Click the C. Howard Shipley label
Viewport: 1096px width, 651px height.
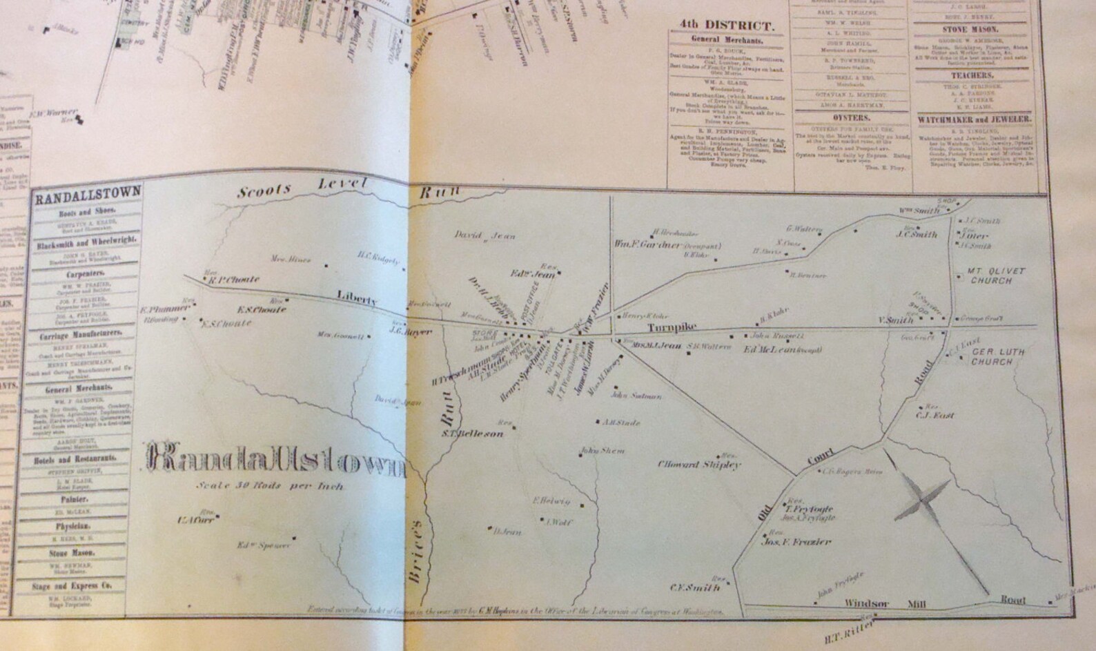(699, 465)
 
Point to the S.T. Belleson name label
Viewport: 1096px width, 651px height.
(473, 434)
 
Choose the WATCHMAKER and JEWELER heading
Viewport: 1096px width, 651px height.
(974, 119)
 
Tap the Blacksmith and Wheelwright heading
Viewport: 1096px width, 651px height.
(86, 240)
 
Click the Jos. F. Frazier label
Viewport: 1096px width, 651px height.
(796, 542)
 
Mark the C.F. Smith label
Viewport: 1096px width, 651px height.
(695, 588)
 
